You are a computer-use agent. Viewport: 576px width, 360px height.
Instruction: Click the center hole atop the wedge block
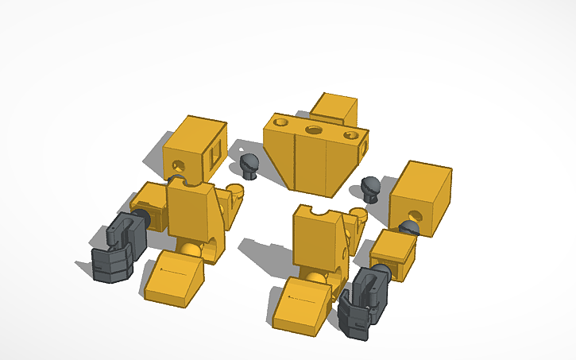coord(314,129)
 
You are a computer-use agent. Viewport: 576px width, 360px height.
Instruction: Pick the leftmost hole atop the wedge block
coord(280,123)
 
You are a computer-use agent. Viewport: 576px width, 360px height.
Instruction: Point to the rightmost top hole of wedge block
coord(350,136)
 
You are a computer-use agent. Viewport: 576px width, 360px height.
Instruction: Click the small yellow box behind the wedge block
coord(334,109)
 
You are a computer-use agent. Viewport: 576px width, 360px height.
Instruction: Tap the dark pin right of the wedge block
coord(369,188)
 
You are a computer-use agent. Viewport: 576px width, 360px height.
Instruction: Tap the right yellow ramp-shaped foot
coord(301,304)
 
